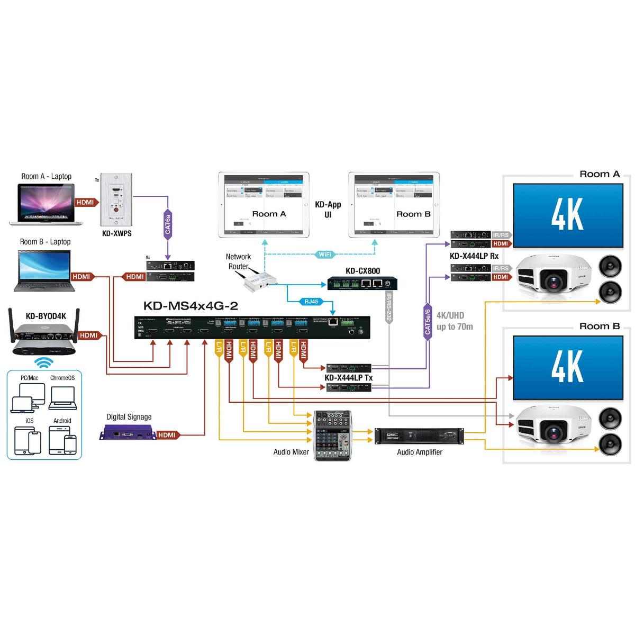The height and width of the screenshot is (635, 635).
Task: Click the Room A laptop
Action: tap(47, 204)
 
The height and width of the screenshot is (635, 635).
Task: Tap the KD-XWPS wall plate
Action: tap(116, 198)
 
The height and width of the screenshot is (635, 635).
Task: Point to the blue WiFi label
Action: tap(325, 255)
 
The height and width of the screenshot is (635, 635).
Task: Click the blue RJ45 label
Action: tap(311, 302)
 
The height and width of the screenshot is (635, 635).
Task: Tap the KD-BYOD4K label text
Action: tap(46, 316)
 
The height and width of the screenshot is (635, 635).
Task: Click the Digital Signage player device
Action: tap(127, 434)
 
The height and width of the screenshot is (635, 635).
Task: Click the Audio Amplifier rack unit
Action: tap(419, 436)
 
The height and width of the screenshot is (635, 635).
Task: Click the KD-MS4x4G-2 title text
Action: tap(190, 305)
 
